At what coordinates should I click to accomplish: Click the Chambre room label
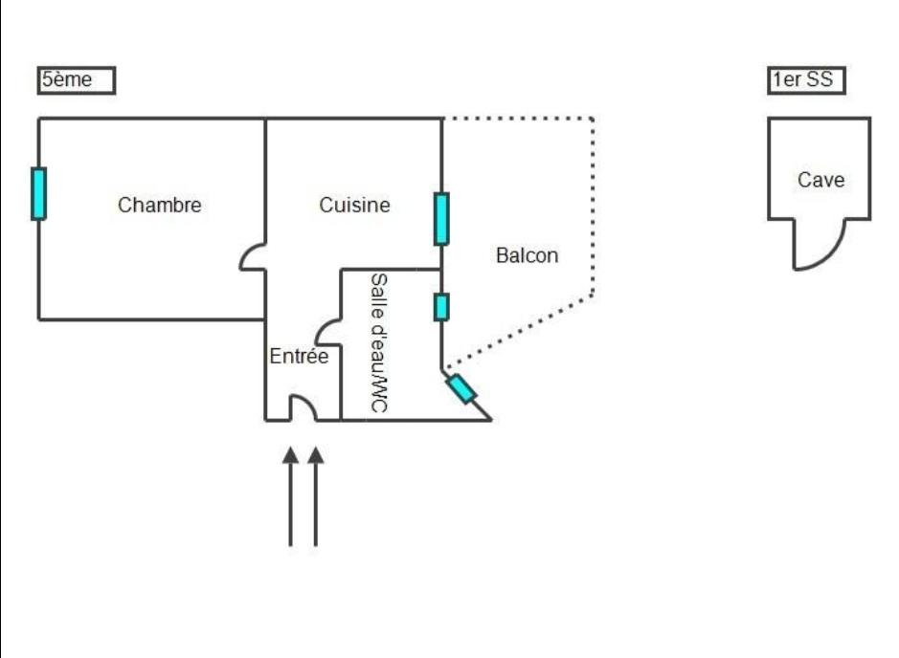159,205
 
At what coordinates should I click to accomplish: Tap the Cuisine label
354,205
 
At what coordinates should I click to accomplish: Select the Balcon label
527,255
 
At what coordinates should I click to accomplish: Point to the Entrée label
299,356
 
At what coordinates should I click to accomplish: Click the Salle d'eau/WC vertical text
379,342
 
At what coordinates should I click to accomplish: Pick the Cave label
820,180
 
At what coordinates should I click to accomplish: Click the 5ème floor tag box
77,80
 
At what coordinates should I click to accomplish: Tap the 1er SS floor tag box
806,80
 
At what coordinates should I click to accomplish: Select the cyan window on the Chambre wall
38,193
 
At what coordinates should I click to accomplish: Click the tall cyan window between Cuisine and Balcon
441,219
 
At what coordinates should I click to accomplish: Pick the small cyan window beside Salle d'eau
441,307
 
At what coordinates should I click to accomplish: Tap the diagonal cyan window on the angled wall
461,389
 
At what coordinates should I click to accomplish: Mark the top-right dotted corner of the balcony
593,119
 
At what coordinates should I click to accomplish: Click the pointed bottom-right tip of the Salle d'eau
491,421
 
